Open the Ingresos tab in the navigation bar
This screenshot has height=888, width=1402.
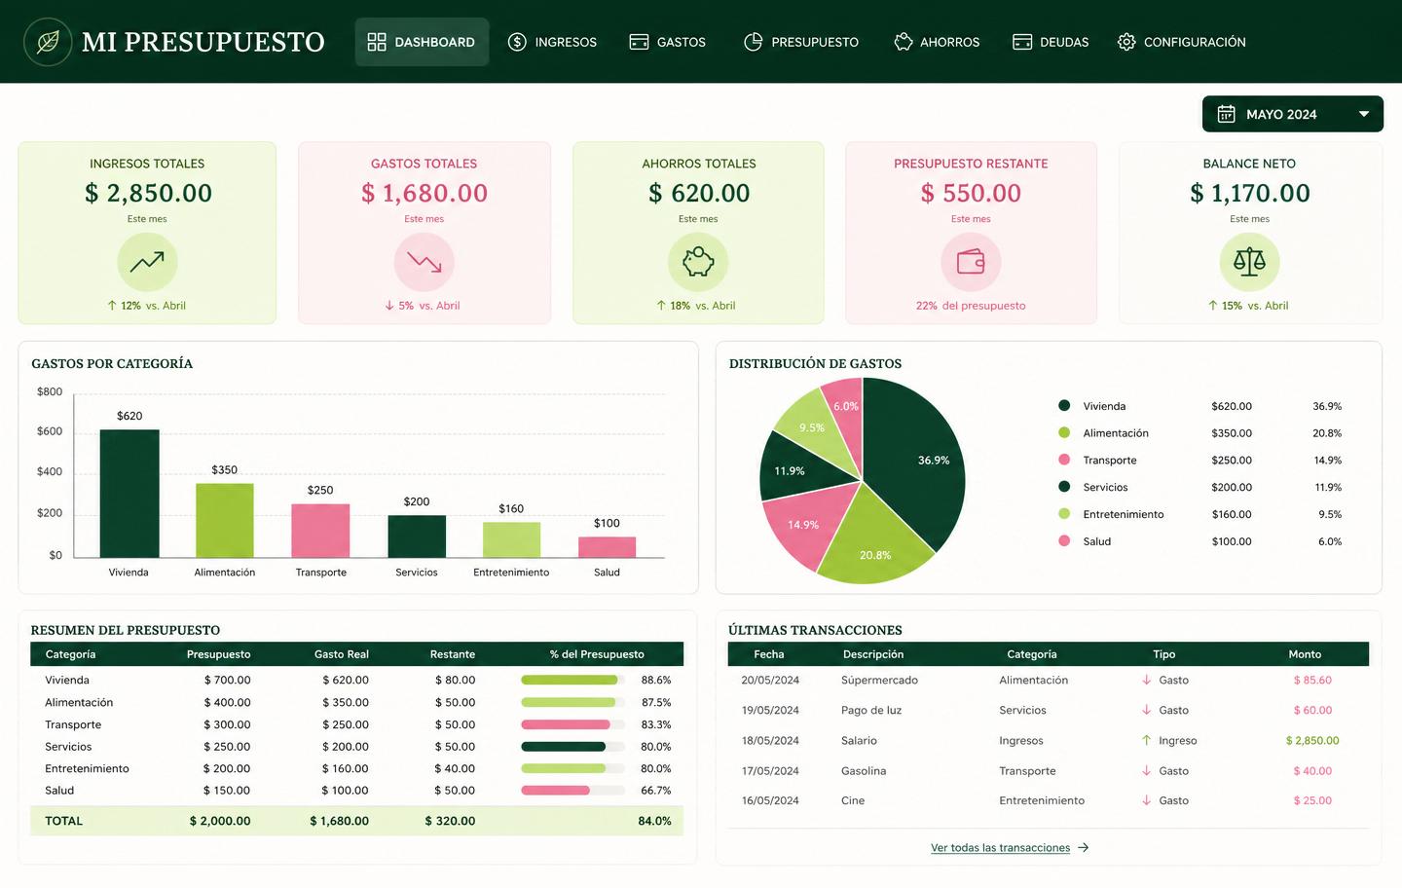pyautogui.click(x=552, y=42)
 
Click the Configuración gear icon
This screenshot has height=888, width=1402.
pyautogui.click(x=1125, y=42)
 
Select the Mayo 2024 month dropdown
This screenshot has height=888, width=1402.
pyautogui.click(x=1293, y=114)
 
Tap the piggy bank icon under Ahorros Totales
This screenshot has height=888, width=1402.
pyautogui.click(x=698, y=262)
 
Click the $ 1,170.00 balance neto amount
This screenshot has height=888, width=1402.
pyautogui.click(x=1249, y=193)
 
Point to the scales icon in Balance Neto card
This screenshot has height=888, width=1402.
pyautogui.click(x=1249, y=262)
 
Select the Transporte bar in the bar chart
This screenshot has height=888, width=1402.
pyautogui.click(x=320, y=531)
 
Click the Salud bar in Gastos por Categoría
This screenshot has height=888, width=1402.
pyautogui.click(x=607, y=547)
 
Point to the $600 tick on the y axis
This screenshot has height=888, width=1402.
pyautogui.click(x=50, y=431)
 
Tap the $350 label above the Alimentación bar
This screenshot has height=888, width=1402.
pyautogui.click(x=224, y=470)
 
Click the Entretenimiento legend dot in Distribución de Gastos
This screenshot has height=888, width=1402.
pyautogui.click(x=1064, y=514)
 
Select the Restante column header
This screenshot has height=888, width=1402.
pyautogui.click(x=453, y=654)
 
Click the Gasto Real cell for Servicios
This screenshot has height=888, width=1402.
pyautogui.click(x=346, y=747)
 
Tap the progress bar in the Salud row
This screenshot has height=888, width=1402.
pyautogui.click(x=572, y=791)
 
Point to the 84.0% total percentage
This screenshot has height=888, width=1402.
pyautogui.click(x=654, y=821)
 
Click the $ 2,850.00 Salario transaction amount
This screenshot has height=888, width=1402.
pyautogui.click(x=1312, y=740)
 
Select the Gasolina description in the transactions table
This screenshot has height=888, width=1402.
pyautogui.click(x=864, y=771)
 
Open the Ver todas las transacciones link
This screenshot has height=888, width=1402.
pyautogui.click(x=1000, y=848)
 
